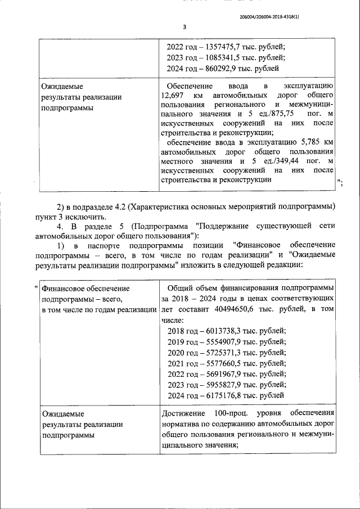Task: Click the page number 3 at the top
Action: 184,26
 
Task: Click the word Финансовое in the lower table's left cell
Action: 64,289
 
